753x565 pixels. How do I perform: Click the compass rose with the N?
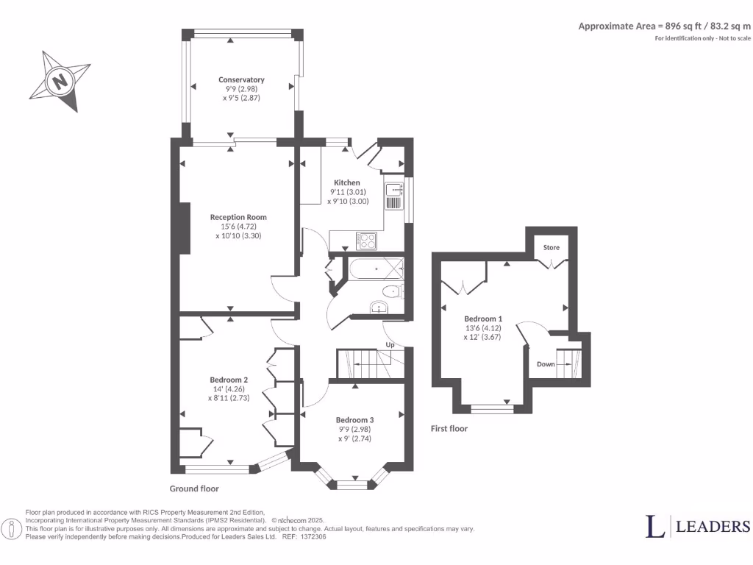61,80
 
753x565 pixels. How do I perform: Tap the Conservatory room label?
241,79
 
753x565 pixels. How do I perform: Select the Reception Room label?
238,217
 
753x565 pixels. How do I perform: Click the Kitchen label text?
347,182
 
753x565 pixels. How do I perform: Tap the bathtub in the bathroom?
376,269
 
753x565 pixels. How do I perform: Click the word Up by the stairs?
390,345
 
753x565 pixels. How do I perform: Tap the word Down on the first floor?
546,363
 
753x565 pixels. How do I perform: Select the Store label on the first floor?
551,248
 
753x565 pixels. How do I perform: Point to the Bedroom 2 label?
230,380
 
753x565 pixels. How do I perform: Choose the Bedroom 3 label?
355,419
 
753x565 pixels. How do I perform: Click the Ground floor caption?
194,488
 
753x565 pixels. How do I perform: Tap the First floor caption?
449,428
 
